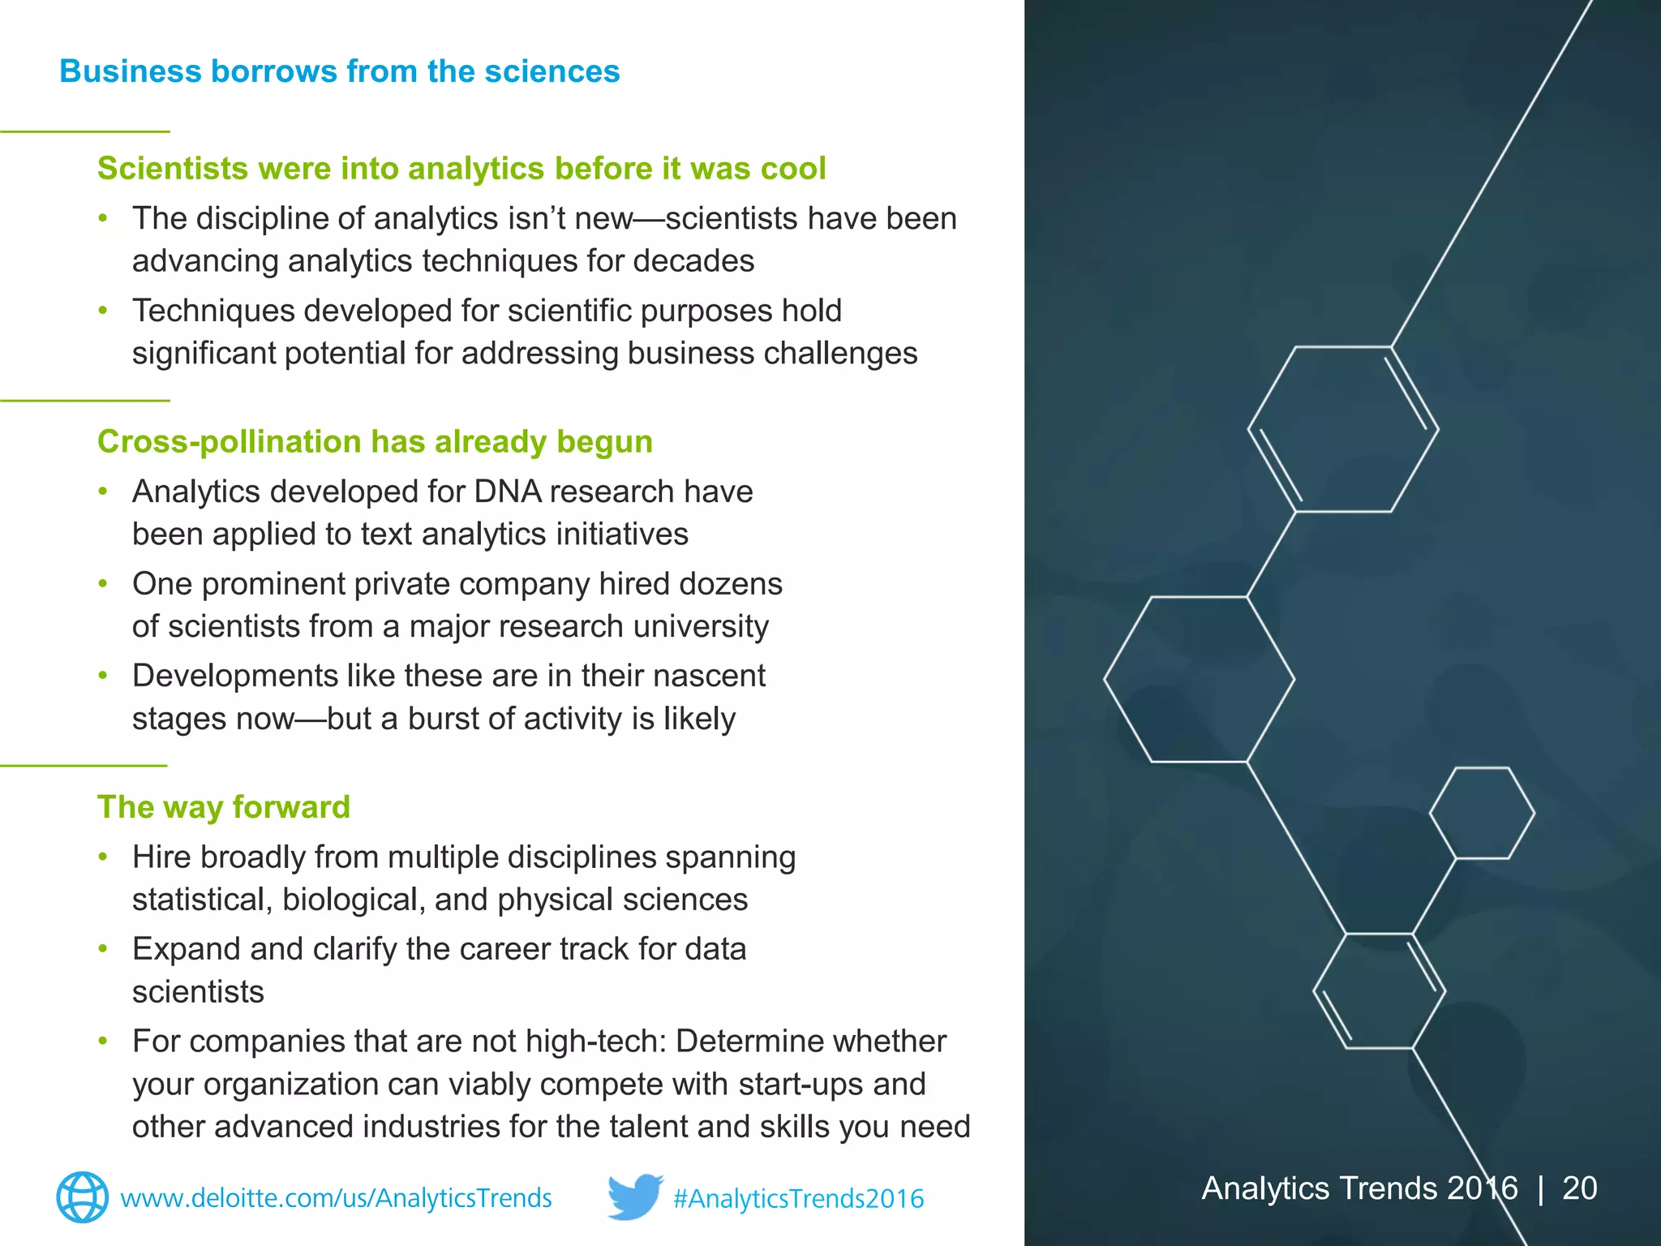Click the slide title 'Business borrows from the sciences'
pos(339,71)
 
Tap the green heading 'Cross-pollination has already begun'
pos(375,442)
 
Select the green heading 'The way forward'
pos(223,807)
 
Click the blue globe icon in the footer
pos(82,1197)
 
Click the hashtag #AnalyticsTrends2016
pos(798,1199)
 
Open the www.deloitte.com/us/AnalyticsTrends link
pos(336,1198)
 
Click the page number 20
pos(1579,1188)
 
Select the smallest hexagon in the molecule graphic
pos(1481,813)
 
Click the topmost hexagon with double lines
pos(1343,429)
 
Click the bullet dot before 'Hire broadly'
pos(103,857)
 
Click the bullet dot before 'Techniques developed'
pos(103,311)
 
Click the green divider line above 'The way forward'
pos(84,765)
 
